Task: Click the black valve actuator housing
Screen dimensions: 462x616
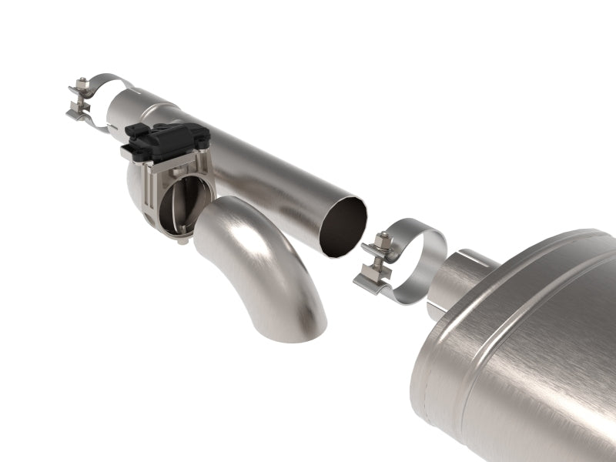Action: coord(165,139)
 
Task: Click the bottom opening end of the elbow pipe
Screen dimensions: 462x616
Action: coord(296,323)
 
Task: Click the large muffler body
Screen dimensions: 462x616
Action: coord(524,354)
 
